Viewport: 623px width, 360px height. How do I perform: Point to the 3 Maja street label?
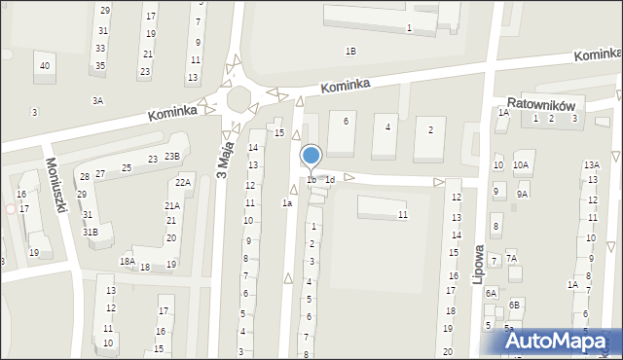coord(223,161)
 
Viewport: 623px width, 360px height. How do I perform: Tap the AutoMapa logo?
coord(558,340)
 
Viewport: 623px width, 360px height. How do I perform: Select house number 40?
coord(44,66)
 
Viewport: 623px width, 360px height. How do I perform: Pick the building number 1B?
coord(350,51)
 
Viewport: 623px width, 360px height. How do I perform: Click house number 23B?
coord(171,157)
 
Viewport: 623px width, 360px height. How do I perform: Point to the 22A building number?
coord(183,182)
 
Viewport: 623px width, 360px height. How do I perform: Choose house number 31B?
coord(90,232)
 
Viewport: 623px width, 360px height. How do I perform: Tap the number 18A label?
coord(127,261)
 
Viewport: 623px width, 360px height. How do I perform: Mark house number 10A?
coord(521,165)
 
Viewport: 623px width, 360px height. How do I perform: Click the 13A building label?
coord(591,165)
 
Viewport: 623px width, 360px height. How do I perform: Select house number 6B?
coord(514,305)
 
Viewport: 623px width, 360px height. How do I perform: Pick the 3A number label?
coord(97,100)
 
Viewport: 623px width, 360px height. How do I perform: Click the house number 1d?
coord(330,179)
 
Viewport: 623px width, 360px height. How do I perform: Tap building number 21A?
coord(171,205)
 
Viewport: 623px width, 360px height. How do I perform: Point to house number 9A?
coord(522,194)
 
